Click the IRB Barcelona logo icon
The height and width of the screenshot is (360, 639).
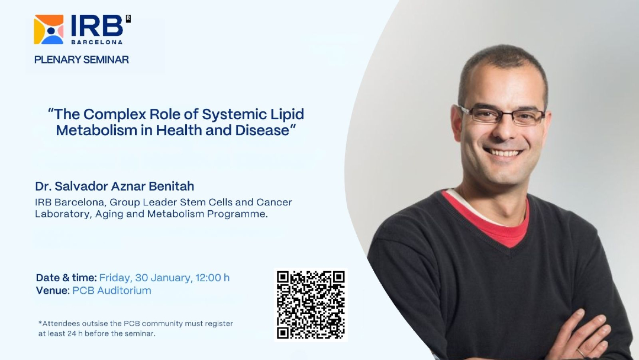[49, 30]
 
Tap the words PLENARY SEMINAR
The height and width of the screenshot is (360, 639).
[82, 60]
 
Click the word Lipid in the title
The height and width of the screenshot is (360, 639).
[288, 114]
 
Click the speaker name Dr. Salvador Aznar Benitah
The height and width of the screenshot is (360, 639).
[115, 187]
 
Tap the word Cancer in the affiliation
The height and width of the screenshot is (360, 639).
[275, 202]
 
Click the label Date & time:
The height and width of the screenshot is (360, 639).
[66, 278]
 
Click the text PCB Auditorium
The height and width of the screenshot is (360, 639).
[112, 291]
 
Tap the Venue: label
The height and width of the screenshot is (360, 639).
[53, 291]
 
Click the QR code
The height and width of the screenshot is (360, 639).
[311, 304]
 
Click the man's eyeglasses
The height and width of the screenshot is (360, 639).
[502, 115]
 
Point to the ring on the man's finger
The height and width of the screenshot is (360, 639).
[580, 352]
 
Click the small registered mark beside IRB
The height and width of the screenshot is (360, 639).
[128, 18]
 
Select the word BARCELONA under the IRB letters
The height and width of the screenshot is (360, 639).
[97, 41]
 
